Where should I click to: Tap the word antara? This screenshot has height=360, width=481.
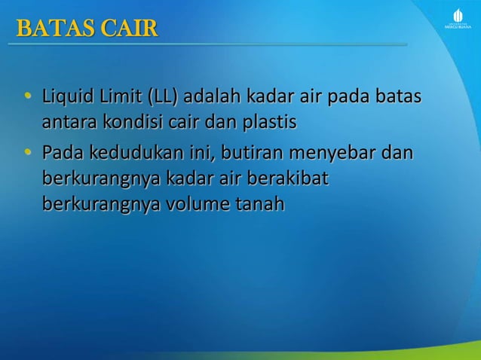point(68,121)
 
